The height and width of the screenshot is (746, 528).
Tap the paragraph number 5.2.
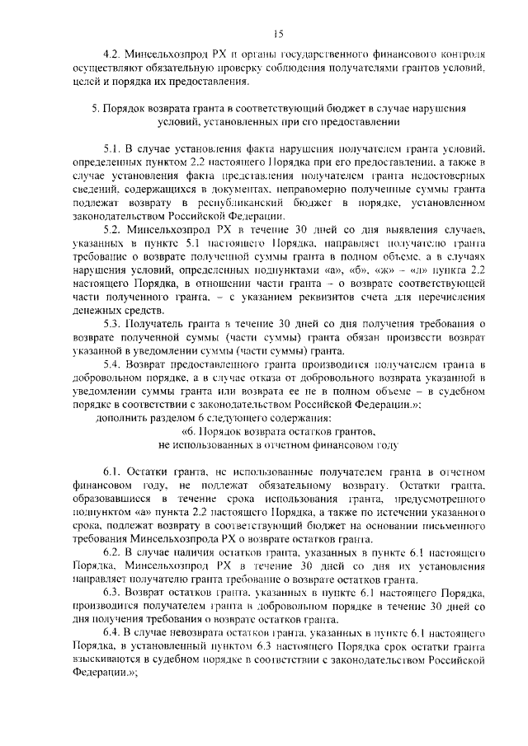pos(113,226)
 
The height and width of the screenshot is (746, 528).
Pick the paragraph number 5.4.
pos(113,365)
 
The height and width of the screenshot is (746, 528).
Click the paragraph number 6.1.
pos(113,471)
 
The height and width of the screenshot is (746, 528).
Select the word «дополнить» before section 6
pos(122,418)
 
